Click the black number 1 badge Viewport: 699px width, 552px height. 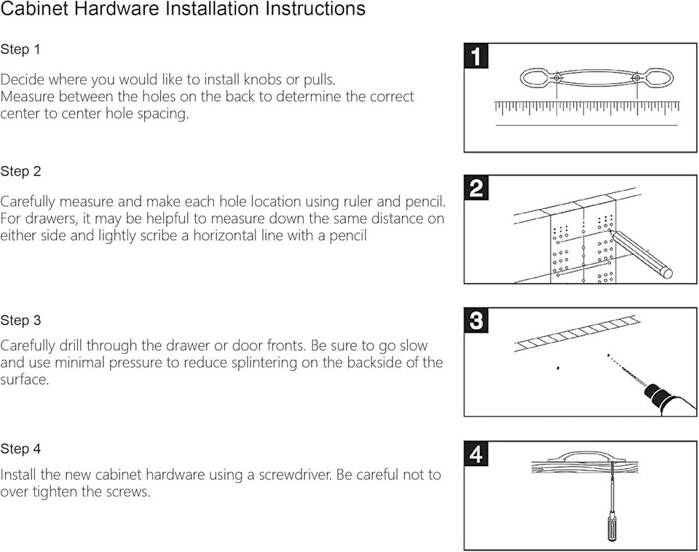pos(476,56)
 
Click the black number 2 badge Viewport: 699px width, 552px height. pos(476,188)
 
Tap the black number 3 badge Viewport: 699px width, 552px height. pos(476,320)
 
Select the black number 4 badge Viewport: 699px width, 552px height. pos(476,454)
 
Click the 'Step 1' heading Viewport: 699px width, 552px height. pos(20,49)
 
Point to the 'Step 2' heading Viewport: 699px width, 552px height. pos(20,171)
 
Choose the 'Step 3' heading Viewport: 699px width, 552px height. pos(20,320)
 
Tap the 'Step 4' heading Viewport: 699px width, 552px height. pos(20,449)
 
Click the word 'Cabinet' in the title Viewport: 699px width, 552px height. pos(35,9)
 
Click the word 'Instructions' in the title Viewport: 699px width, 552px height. pos(315,9)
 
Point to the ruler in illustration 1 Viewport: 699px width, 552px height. pos(587,108)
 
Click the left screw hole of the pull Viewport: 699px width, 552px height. pos(557,79)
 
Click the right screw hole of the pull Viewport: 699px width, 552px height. pos(636,79)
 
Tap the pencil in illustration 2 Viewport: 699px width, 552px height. pos(641,254)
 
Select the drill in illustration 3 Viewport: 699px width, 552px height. pos(668,398)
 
